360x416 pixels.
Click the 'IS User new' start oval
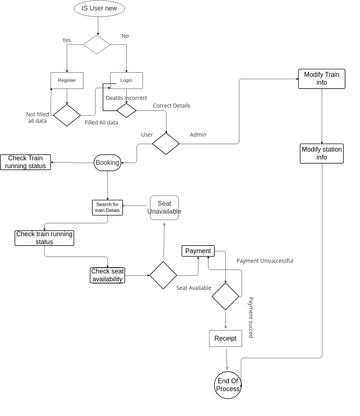click(98, 9)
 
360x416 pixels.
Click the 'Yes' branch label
click(67, 40)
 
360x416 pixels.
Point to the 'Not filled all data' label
click(36, 118)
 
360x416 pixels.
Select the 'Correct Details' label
click(171, 105)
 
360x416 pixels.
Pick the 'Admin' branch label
click(198, 134)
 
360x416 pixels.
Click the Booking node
click(107, 162)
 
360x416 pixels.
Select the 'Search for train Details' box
click(107, 208)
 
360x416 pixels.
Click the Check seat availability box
click(107, 275)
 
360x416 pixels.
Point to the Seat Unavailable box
click(164, 207)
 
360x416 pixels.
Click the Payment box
click(197, 251)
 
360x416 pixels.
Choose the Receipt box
click(225, 339)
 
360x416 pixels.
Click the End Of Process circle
click(228, 384)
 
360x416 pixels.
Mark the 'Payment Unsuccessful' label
click(264, 261)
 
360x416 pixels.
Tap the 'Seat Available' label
click(194, 288)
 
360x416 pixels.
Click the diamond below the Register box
click(66, 115)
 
